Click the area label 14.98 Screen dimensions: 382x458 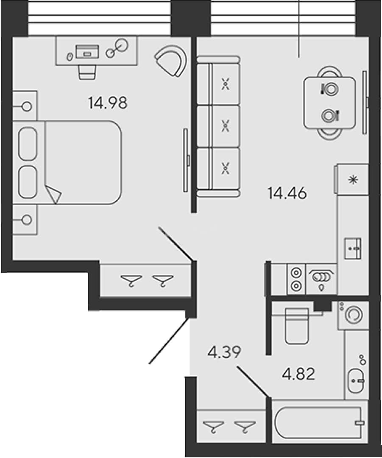pos(108,103)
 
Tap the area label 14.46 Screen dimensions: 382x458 pos(287,193)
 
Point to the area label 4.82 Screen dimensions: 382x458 pos(298,374)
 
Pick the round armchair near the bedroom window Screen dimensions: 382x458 pos(171,61)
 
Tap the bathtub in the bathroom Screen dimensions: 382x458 pos(320,423)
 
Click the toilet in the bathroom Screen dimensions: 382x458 pos(297,326)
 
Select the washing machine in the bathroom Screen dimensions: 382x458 pos(353,316)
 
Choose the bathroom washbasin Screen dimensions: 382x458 pos(356,381)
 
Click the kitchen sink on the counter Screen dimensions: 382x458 pos(352,248)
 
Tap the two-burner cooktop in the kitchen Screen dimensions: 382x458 pos(296,279)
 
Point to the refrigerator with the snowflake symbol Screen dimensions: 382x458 pos(352,179)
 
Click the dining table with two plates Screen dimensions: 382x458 pos(329,103)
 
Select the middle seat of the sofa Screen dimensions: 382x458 pos(225,126)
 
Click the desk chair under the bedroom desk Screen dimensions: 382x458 pos(87,72)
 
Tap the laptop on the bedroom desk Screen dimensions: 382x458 pos(87,52)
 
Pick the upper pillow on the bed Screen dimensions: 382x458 pos(28,143)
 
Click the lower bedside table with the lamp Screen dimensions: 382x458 pos(25,219)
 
